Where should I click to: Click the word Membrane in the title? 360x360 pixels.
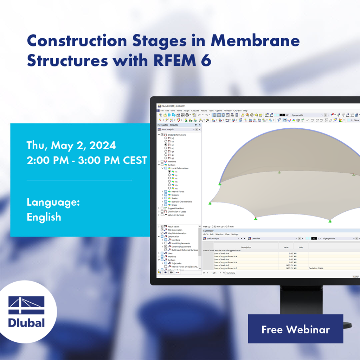click(255, 41)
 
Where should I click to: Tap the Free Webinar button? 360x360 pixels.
click(295, 329)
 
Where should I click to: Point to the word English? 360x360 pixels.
click(44, 217)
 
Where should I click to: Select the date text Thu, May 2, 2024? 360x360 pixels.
click(71, 145)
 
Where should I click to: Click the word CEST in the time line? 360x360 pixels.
click(135, 160)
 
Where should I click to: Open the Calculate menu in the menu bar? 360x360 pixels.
click(195, 111)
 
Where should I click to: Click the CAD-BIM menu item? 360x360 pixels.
click(237, 111)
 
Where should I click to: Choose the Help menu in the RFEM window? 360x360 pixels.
click(245, 111)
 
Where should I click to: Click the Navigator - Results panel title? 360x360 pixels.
click(168, 124)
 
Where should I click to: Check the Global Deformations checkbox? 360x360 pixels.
click(162, 135)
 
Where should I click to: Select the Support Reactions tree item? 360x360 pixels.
click(176, 208)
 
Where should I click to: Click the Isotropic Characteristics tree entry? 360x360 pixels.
click(182, 202)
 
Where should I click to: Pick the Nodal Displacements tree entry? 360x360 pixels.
click(181, 243)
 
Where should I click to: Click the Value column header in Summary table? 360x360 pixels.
click(286, 247)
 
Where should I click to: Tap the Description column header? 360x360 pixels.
click(246, 247)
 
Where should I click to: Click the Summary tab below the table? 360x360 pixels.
click(231, 273)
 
